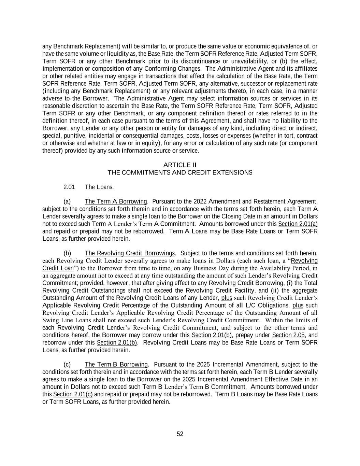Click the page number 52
click(180, 434)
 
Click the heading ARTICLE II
click(180, 165)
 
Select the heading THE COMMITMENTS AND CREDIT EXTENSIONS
click(180, 173)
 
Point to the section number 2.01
click(69, 187)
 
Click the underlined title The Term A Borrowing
click(116, 201)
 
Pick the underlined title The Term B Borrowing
click(116, 365)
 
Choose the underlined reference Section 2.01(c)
click(73, 394)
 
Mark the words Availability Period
click(284, 268)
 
